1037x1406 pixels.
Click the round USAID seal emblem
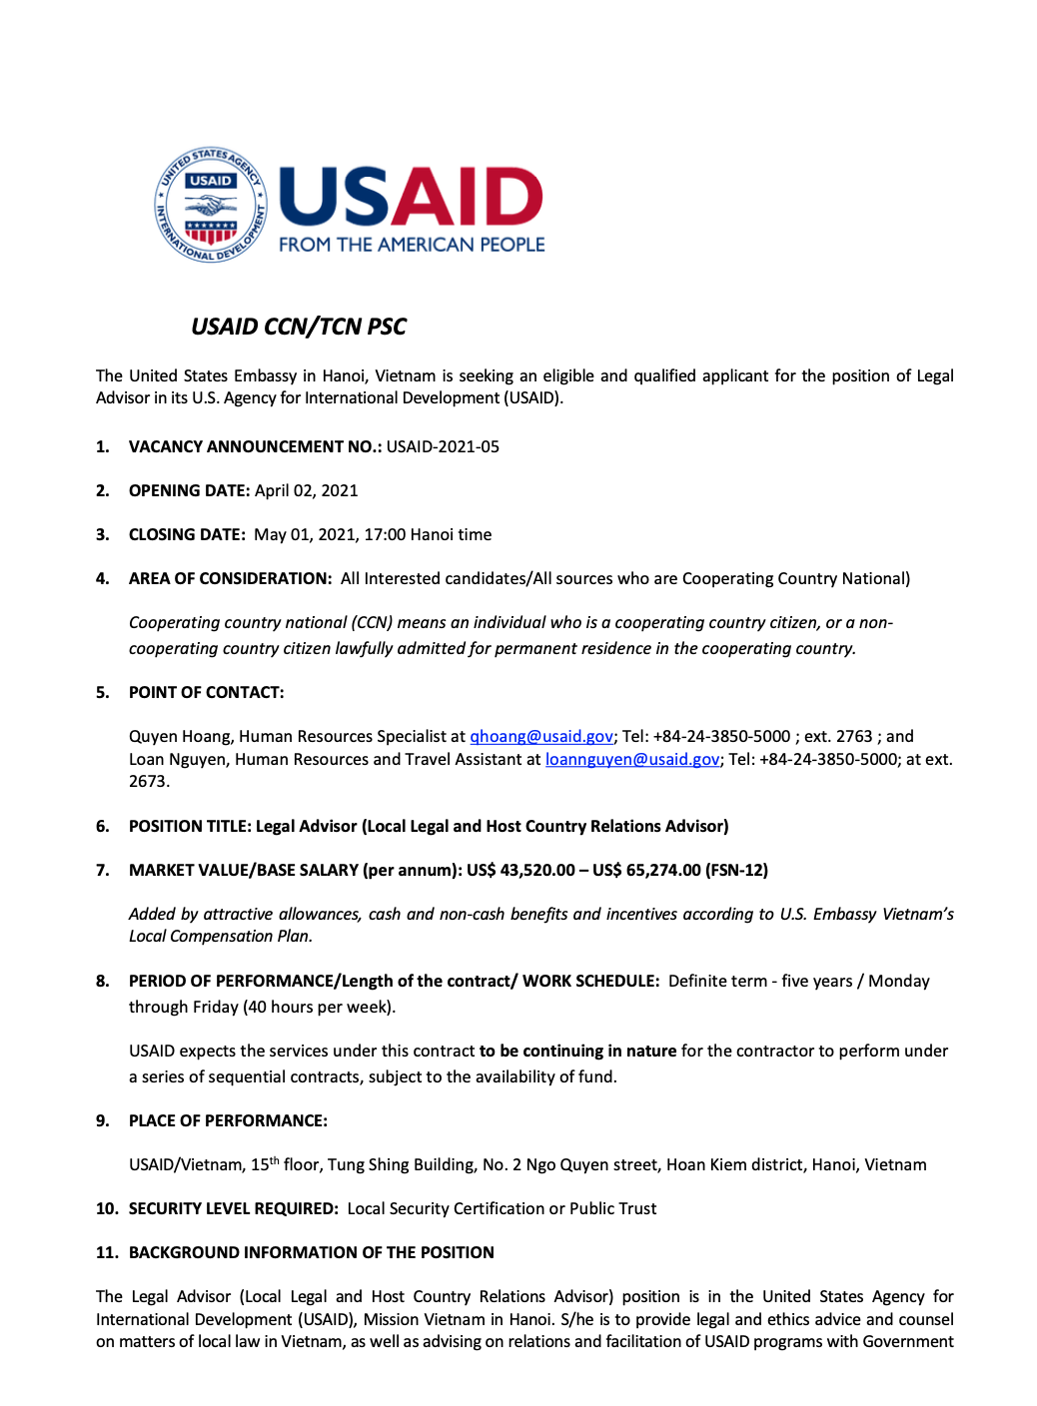point(211,205)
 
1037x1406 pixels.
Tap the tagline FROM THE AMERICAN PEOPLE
point(412,245)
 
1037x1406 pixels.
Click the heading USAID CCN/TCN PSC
point(299,327)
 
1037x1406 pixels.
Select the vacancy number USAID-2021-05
point(443,446)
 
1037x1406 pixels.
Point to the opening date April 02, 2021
point(306,490)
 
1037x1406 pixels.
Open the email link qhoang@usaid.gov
point(541,736)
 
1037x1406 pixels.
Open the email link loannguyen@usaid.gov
point(631,759)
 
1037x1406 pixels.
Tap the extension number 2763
point(854,736)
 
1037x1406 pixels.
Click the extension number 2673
point(148,781)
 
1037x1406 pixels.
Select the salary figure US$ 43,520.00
point(520,870)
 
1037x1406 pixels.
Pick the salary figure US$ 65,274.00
point(646,870)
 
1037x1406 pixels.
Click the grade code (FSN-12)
point(736,870)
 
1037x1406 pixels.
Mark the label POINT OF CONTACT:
point(206,692)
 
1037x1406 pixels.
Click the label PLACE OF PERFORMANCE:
point(228,1120)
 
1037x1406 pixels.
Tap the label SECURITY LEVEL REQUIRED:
point(233,1208)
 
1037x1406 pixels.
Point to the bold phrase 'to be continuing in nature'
point(577,1051)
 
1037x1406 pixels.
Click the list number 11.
point(107,1252)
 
